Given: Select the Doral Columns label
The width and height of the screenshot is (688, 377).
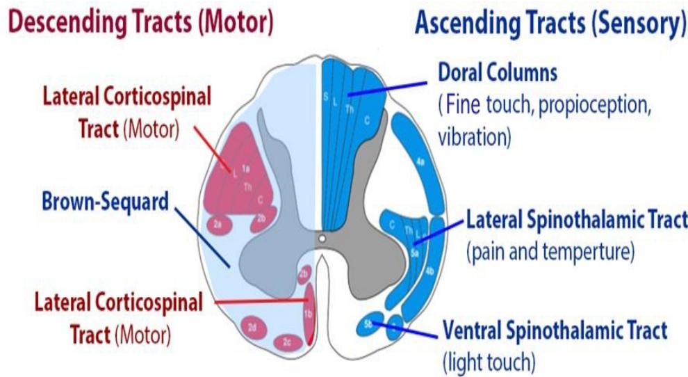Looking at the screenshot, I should click(498, 72).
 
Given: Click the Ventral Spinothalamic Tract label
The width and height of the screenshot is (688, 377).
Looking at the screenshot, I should click(554, 330).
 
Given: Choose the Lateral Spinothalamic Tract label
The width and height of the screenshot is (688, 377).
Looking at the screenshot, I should click(576, 221).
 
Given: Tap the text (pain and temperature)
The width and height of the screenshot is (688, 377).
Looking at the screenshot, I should click(550, 252).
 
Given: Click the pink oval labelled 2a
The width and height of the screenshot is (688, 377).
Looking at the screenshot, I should click(218, 224).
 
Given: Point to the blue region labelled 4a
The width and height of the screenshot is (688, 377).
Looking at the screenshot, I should click(420, 162).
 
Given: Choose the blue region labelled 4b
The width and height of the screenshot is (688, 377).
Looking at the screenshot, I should click(429, 271).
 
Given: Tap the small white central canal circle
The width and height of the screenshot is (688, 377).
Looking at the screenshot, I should click(321, 239).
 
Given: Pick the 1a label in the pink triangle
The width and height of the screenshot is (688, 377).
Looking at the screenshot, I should click(246, 167).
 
